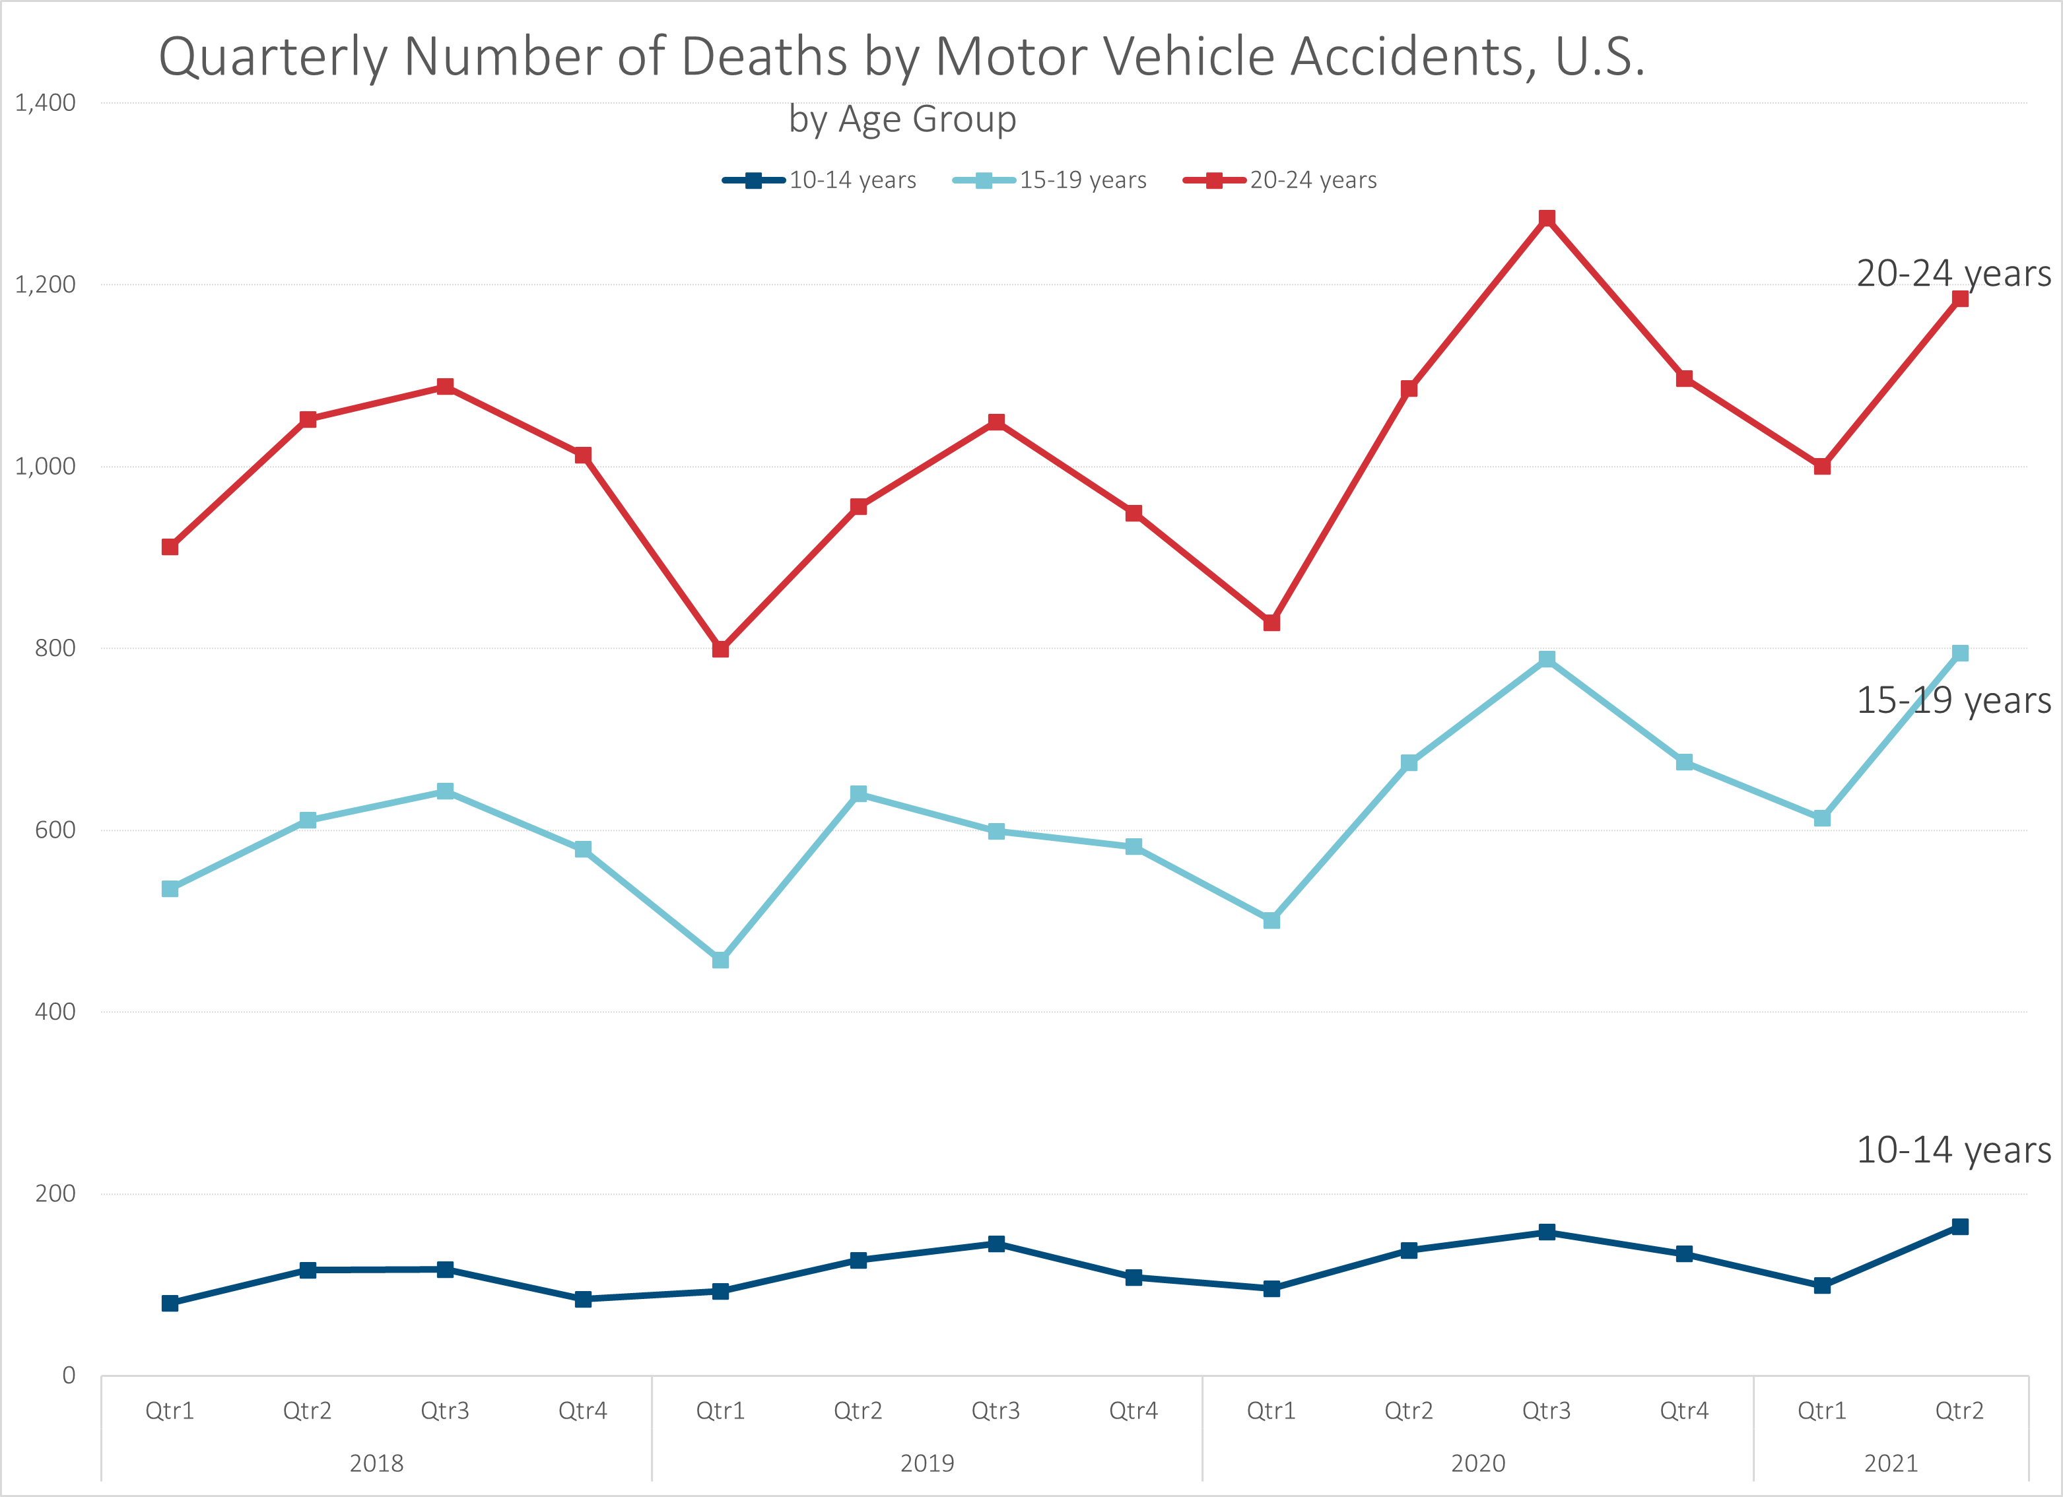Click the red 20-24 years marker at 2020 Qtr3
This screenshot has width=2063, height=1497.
click(1546, 218)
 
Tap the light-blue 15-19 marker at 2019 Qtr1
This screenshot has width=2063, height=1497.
click(720, 960)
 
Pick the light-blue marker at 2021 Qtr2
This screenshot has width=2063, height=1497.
click(1960, 653)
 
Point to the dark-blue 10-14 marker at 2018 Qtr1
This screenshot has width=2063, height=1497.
click(170, 1304)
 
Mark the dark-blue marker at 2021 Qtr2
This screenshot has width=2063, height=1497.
click(1960, 1227)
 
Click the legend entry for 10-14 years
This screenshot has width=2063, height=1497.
click(819, 180)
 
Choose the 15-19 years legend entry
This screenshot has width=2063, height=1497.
click(1050, 180)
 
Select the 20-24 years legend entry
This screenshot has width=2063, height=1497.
click(1280, 180)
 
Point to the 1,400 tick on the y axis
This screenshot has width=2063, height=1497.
click(46, 103)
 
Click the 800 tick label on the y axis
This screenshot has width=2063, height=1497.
click(55, 648)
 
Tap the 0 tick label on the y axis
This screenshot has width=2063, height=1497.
click(68, 1375)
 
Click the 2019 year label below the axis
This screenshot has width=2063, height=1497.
click(927, 1463)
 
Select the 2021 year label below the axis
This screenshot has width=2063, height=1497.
click(1891, 1463)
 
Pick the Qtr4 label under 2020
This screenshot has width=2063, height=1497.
click(1683, 1411)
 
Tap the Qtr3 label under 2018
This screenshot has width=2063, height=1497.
click(445, 1411)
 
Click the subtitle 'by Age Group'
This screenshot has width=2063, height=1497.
click(902, 119)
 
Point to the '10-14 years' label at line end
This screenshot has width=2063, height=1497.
click(1953, 1150)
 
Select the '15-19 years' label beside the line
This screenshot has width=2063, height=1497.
click(1953, 700)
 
